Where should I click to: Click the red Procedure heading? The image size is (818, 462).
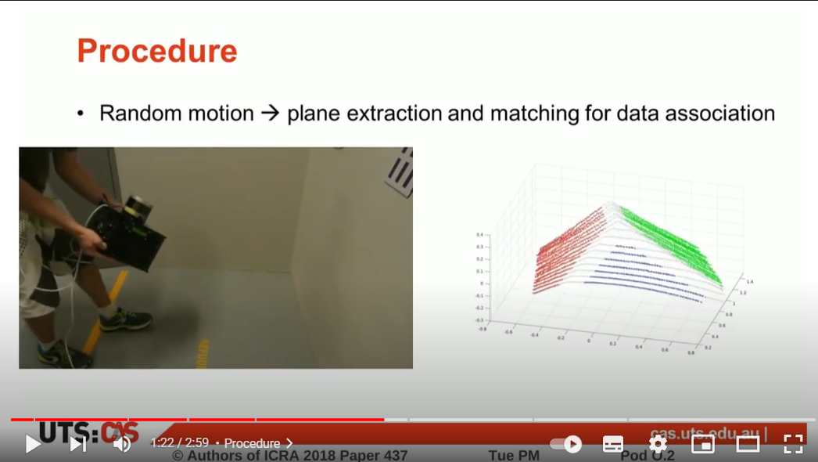(156, 52)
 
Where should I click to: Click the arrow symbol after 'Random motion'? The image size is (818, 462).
(270, 114)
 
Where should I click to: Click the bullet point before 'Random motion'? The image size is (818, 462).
(81, 114)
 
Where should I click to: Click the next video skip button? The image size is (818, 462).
(77, 444)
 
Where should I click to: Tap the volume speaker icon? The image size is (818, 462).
(122, 444)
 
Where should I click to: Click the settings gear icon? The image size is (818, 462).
(658, 444)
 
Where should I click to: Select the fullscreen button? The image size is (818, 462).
(793, 444)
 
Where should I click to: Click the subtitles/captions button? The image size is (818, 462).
(613, 444)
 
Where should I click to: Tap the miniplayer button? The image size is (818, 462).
(702, 444)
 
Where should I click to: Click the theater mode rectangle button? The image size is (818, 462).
(748, 444)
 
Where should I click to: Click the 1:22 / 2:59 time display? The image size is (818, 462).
(179, 443)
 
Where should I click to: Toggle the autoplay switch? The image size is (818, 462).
(566, 444)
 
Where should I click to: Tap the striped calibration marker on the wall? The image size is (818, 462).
(400, 171)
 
